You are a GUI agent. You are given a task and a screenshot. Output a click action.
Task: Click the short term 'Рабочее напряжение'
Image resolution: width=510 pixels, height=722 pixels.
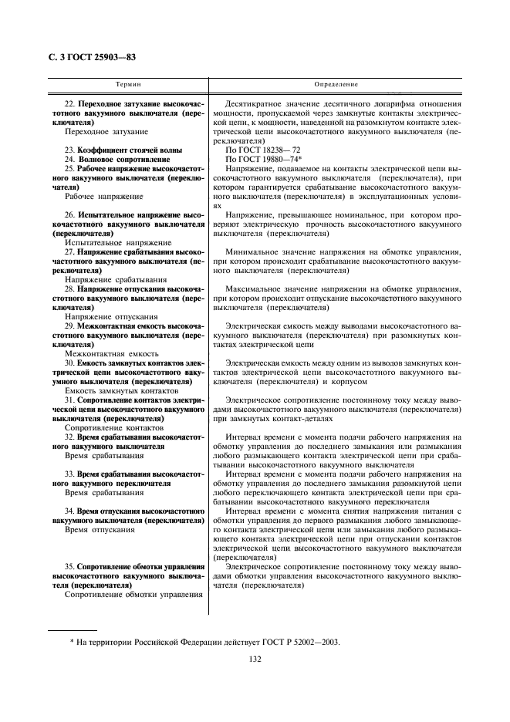[x=104, y=197]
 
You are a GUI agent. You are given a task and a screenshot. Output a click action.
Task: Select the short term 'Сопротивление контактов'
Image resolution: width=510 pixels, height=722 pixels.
[x=113, y=427]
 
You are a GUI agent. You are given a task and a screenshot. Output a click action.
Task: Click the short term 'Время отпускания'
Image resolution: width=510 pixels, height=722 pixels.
[x=100, y=530]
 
